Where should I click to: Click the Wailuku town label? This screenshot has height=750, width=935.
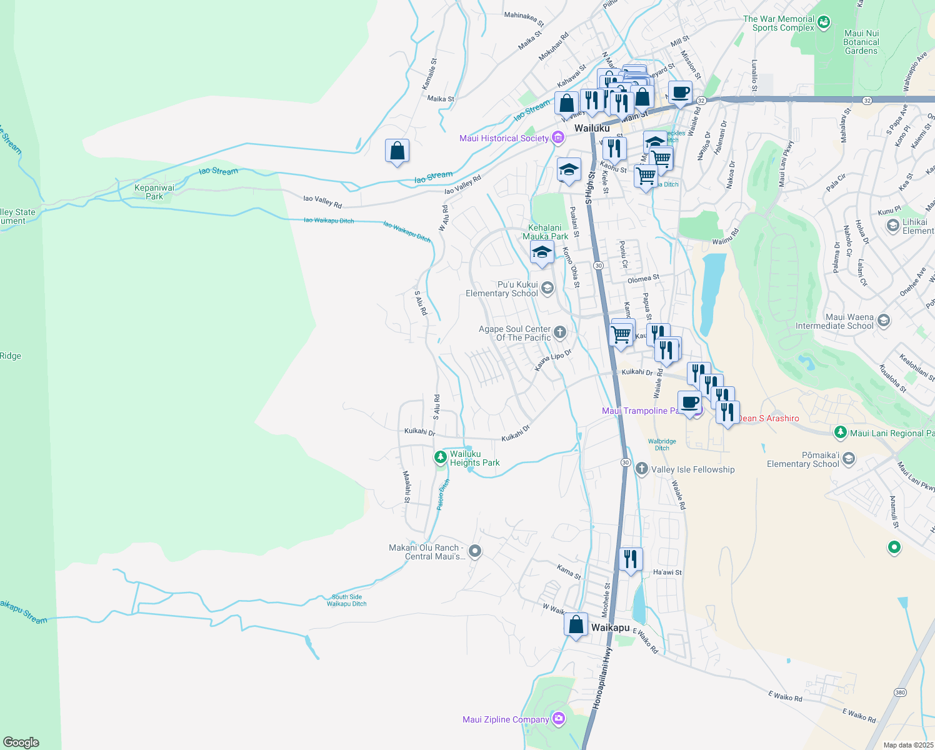592,128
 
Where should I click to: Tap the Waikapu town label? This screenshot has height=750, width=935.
610,627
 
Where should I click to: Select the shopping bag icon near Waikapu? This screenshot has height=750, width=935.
576,624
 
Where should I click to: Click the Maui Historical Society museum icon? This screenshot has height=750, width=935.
558,138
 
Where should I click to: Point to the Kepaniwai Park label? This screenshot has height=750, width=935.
154,192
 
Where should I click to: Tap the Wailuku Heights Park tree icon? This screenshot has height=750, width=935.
441,458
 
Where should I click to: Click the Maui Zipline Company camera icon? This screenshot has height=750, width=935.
559,719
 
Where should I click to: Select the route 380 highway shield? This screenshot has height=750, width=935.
900,692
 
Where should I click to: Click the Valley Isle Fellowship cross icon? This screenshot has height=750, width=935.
642,469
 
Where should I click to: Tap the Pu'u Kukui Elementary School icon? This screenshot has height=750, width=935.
547,287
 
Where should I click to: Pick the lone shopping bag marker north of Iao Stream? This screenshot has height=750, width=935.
397,151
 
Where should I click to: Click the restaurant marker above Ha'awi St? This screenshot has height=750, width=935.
631,558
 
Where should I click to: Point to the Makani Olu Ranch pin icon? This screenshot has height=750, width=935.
475,551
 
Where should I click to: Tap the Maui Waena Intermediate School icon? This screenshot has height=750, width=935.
884,321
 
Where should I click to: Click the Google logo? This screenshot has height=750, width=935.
21,742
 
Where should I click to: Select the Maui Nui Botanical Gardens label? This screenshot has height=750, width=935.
861,42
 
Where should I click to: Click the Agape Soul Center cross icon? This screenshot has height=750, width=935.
560,332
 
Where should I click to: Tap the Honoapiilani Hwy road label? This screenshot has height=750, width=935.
602,678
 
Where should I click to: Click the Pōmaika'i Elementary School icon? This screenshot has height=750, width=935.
849,459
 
